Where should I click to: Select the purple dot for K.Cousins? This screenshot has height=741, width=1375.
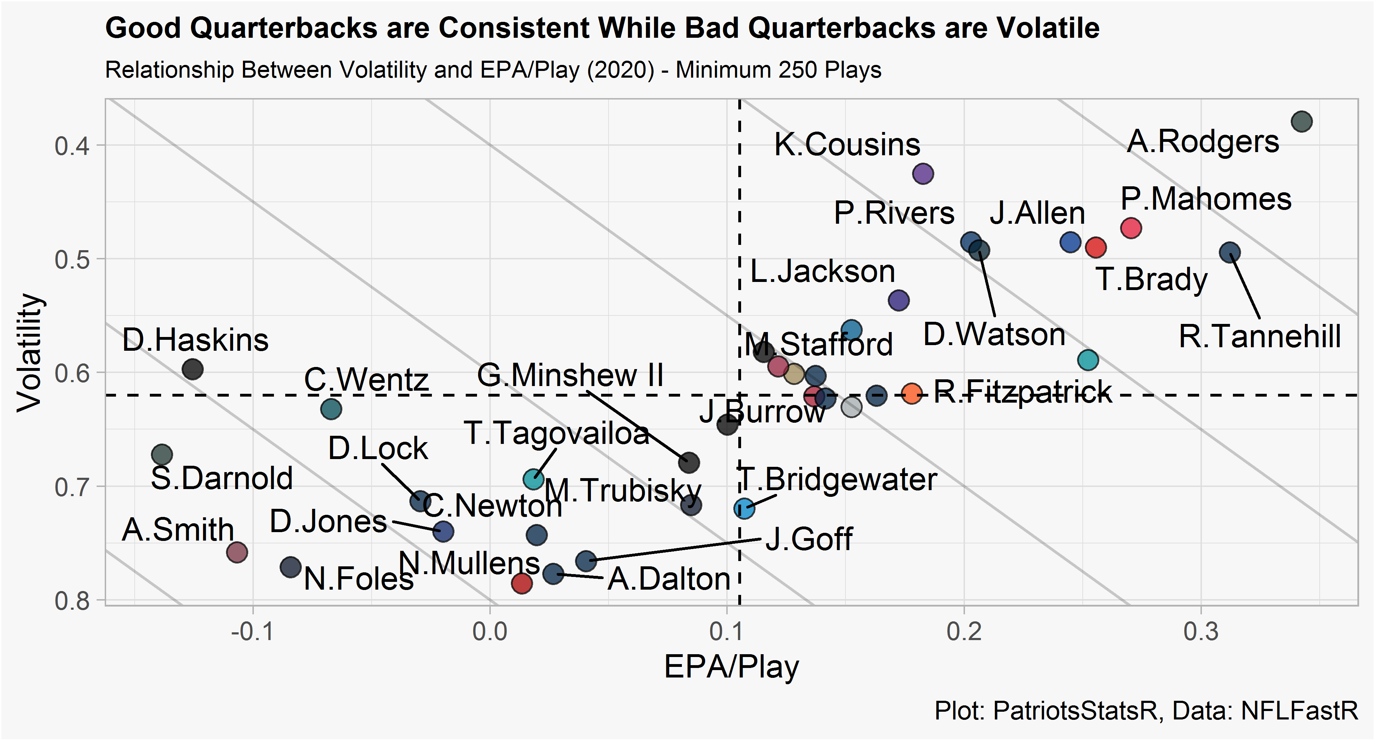pos(923,174)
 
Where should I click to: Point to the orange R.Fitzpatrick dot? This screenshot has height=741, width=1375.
pos(912,394)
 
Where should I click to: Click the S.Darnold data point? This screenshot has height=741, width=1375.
pos(162,454)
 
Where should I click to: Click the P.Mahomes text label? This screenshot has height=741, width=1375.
pos(1206,199)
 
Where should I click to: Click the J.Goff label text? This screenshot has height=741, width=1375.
pos(809,539)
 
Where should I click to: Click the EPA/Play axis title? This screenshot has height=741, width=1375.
pos(731,667)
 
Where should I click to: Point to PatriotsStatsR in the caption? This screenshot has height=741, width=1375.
pos(1075,711)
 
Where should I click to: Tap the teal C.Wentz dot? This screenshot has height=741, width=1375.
pos(331,409)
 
